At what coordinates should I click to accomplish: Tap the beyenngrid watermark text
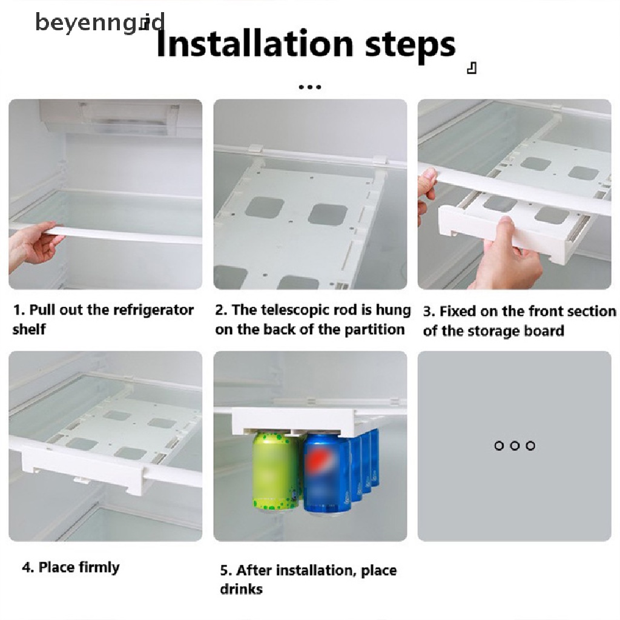click(100, 22)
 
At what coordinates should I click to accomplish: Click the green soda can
click(276, 472)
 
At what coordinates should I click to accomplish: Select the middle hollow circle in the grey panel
click(515, 446)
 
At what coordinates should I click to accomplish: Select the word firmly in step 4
click(99, 568)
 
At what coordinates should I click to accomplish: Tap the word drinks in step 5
click(241, 589)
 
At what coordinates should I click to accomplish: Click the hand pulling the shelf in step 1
click(33, 246)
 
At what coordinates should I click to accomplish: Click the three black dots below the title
click(309, 87)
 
